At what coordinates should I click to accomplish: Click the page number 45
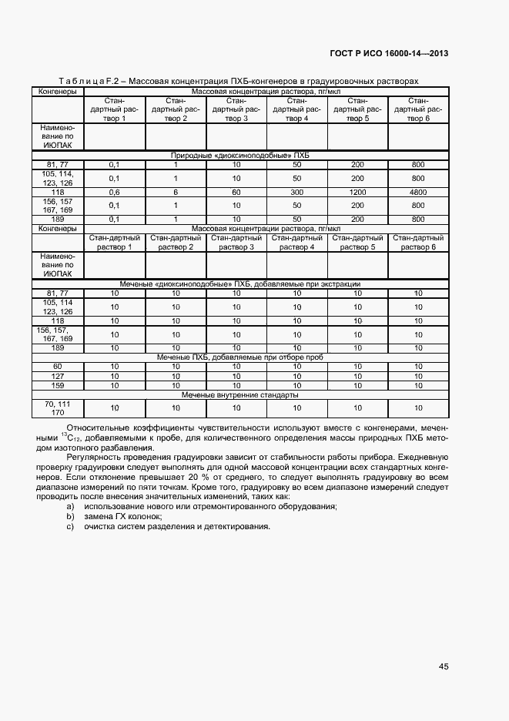click(444, 666)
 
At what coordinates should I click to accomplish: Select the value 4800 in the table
click(418, 192)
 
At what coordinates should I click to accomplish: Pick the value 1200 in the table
click(357, 192)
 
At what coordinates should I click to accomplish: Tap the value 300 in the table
click(296, 192)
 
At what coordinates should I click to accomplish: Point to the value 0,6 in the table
click(115, 192)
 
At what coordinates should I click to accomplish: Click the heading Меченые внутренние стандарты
click(239, 394)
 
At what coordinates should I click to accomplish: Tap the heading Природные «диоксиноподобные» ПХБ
click(239, 155)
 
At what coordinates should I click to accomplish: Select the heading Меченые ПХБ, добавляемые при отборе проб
click(239, 357)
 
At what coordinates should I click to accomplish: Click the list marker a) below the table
click(70, 506)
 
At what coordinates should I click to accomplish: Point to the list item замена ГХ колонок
click(122, 516)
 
